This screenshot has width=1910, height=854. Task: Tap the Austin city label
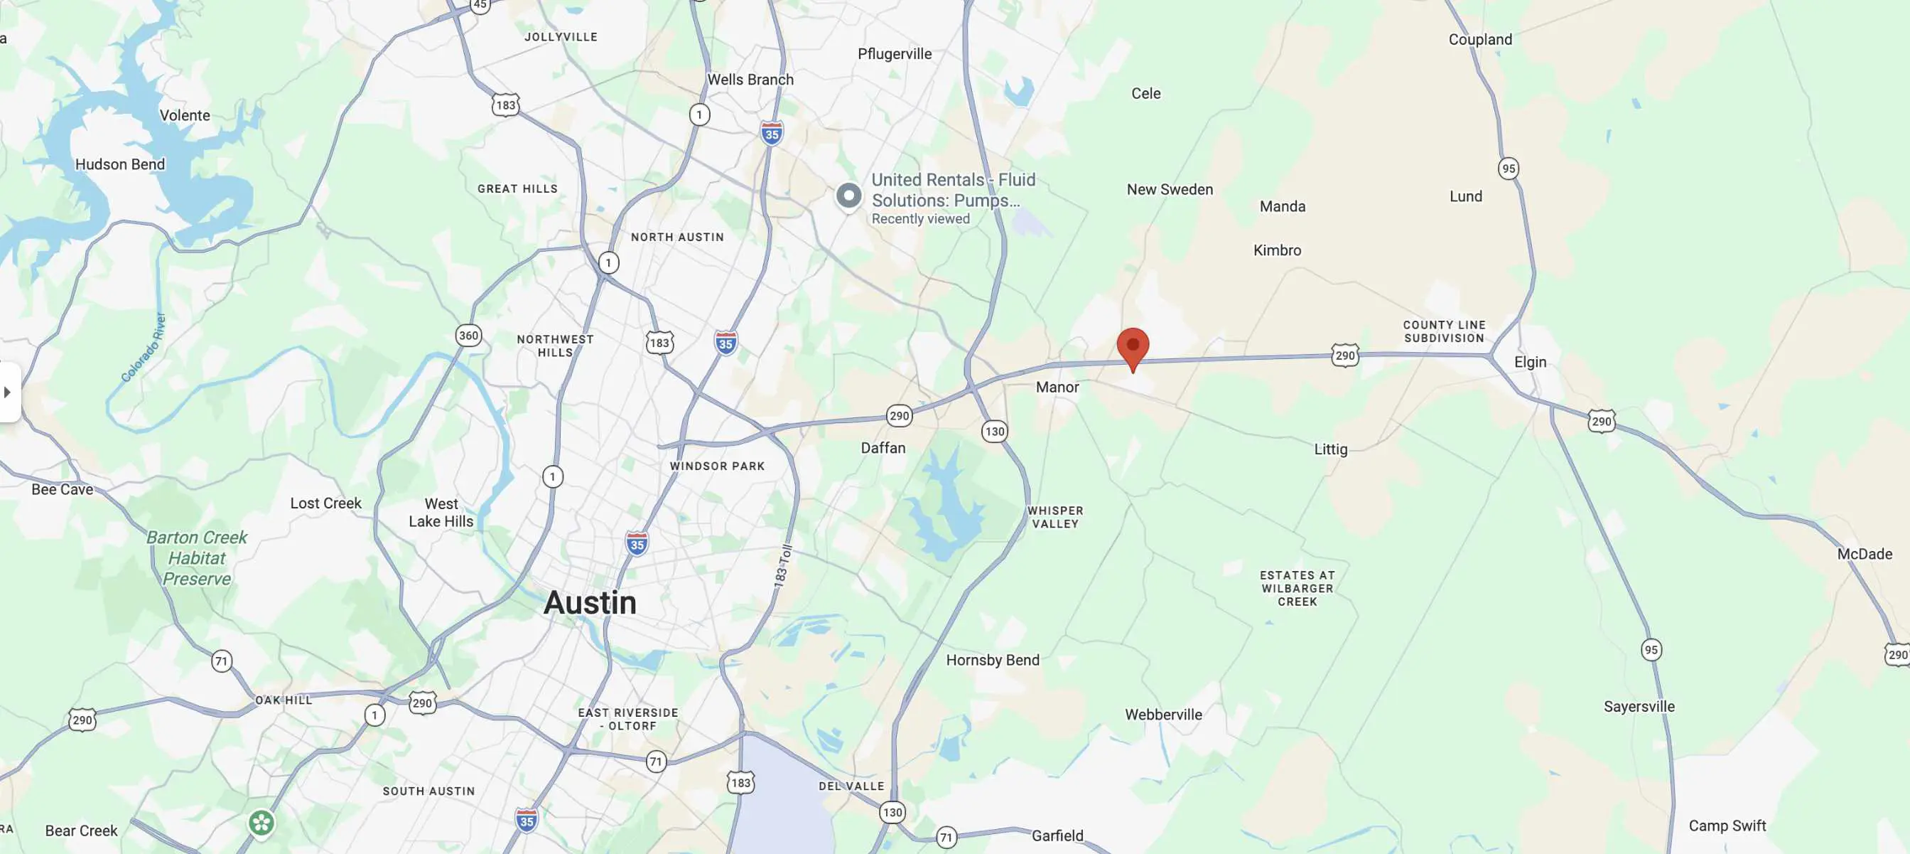click(x=590, y=602)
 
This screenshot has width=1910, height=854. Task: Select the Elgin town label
click(x=1530, y=362)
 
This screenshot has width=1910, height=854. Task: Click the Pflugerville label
click(x=894, y=54)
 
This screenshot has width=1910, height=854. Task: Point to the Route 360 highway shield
click(x=468, y=336)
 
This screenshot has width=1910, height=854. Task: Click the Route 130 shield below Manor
click(x=994, y=431)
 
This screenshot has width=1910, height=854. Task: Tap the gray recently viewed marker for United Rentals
click(x=849, y=196)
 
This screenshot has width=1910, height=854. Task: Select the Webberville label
click(x=1162, y=715)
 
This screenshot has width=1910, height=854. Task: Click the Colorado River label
click(x=144, y=348)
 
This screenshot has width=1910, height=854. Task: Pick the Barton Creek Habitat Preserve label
click(x=197, y=558)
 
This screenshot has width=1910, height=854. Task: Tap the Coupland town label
click(x=1480, y=39)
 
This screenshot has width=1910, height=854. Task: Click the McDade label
click(x=1864, y=554)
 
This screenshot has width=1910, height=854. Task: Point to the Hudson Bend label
click(x=120, y=164)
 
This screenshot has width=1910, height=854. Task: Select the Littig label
click(x=1330, y=449)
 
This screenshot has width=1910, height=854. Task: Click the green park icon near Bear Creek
click(x=261, y=823)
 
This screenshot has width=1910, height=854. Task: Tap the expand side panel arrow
click(x=7, y=392)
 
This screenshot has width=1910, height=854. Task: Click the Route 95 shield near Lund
click(x=1508, y=169)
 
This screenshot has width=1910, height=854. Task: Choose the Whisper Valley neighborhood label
click(x=1055, y=517)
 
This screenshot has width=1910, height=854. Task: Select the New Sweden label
click(x=1170, y=189)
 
